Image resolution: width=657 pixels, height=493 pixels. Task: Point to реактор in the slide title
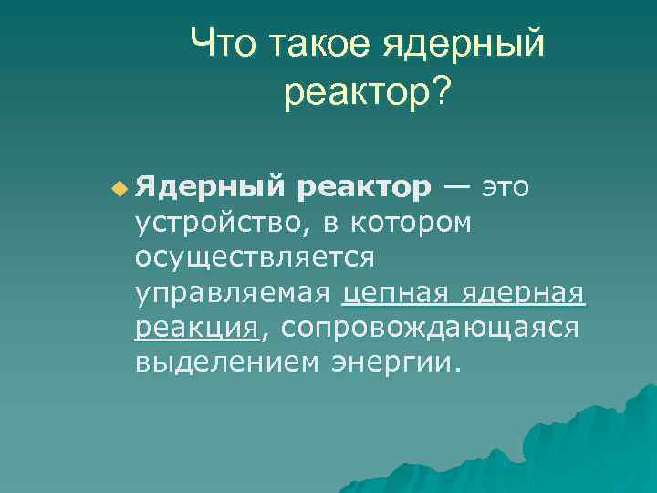click(x=355, y=91)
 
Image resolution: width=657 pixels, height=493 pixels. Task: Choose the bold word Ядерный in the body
click(x=210, y=187)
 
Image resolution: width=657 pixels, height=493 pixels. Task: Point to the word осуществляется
click(x=255, y=257)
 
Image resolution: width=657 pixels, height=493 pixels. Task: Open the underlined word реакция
click(x=196, y=328)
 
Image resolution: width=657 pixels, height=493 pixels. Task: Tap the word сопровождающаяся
click(x=429, y=328)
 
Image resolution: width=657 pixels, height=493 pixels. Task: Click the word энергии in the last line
click(x=390, y=362)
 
